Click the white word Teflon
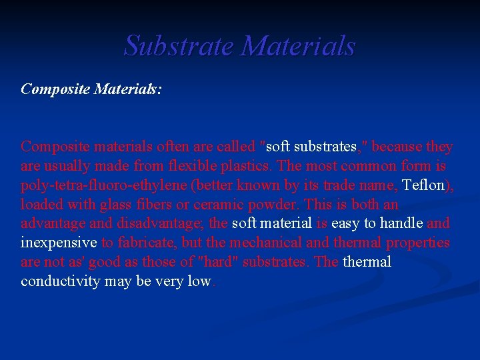[423, 185]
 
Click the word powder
[267, 204]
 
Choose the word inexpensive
[59, 243]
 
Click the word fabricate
[148, 243]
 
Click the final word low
[199, 281]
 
